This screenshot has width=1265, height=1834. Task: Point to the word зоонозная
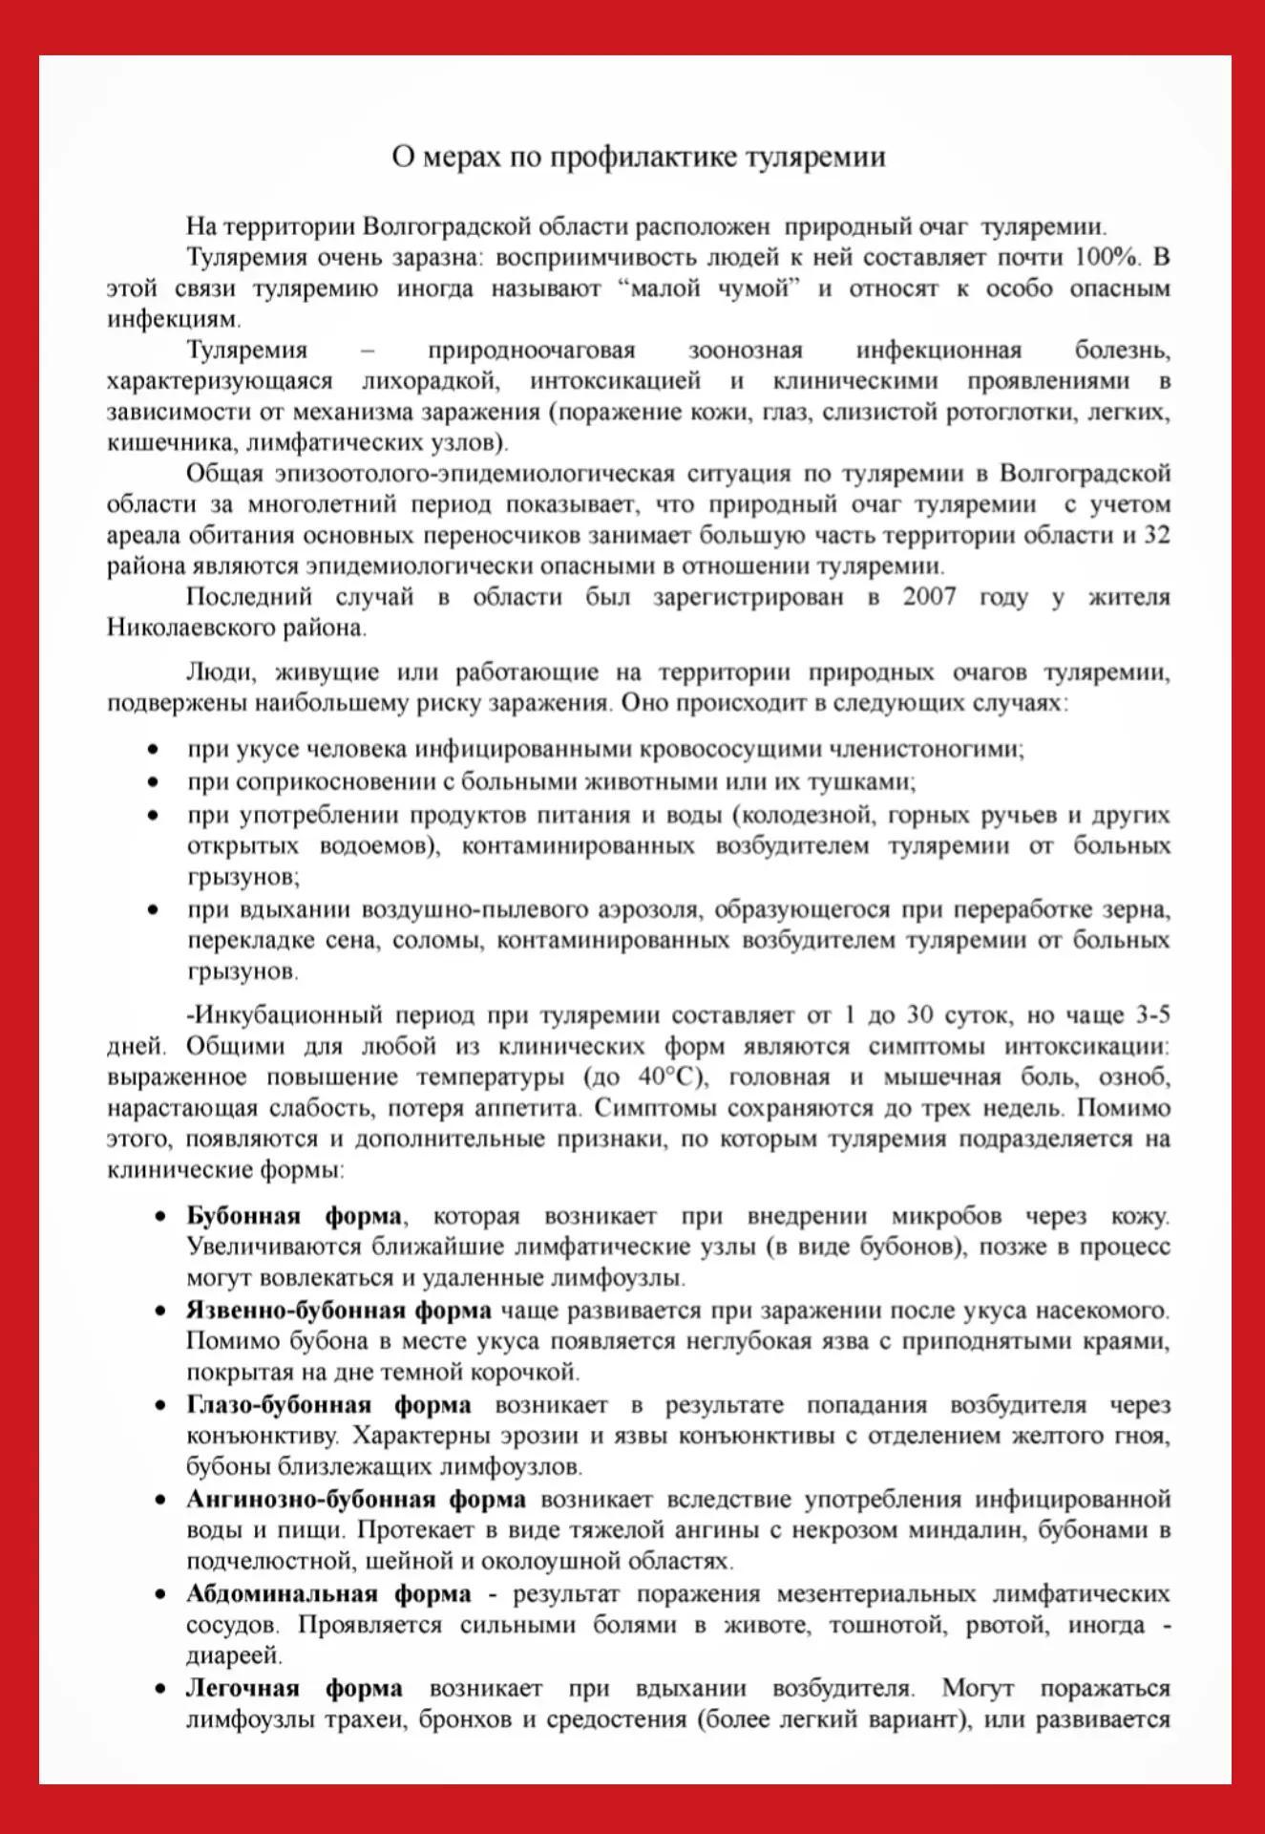(746, 351)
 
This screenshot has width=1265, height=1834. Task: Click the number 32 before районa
(1156, 535)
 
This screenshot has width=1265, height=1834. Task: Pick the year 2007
(930, 597)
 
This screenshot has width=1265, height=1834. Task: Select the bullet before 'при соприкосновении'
(153, 782)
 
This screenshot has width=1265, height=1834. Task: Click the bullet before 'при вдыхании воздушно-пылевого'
(153, 909)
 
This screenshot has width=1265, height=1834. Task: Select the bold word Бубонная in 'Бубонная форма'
(242, 1216)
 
